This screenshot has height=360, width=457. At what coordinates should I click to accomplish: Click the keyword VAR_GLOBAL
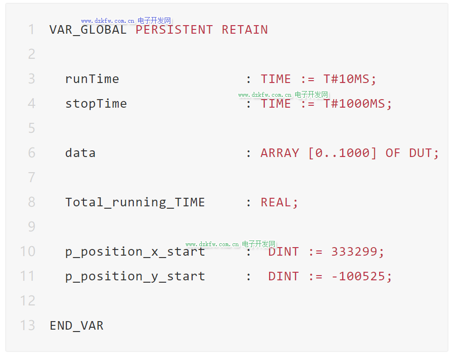click(88, 30)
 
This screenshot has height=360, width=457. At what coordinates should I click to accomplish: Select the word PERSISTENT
click(174, 30)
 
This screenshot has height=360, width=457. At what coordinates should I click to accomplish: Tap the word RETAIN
click(245, 30)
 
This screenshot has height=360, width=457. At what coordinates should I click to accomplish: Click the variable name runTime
click(92, 79)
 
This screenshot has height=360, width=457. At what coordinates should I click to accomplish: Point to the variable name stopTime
click(96, 104)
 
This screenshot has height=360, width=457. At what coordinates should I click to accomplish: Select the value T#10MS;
click(350, 79)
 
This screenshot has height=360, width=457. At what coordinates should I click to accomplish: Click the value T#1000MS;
click(358, 104)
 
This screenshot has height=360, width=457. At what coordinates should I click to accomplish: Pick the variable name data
click(80, 153)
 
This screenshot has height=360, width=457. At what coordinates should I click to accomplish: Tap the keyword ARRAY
click(280, 153)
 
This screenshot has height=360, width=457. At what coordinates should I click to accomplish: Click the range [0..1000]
click(342, 153)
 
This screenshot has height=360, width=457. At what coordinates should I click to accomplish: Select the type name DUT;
click(424, 153)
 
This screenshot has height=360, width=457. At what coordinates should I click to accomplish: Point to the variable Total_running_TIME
click(135, 203)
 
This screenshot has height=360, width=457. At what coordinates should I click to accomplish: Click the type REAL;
click(280, 203)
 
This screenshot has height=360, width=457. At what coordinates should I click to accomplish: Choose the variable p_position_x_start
click(135, 252)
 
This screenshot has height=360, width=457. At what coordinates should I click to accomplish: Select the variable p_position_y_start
click(135, 277)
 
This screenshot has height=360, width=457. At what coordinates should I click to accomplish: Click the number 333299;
click(358, 252)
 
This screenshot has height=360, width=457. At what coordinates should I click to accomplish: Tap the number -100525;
click(362, 277)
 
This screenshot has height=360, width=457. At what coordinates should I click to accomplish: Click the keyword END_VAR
click(76, 326)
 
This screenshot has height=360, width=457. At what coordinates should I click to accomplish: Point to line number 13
click(28, 326)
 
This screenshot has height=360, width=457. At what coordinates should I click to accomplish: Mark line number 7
click(31, 178)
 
